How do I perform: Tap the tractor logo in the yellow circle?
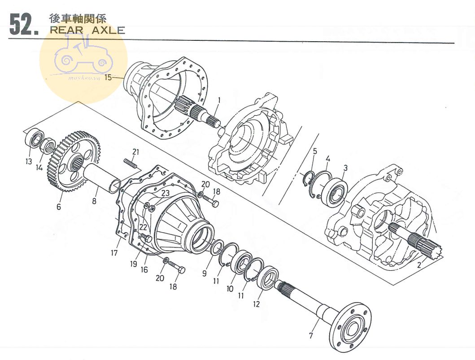click(83, 58)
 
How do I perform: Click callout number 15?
click(108, 77)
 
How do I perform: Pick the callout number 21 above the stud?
click(135, 151)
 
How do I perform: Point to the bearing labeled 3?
click(336, 192)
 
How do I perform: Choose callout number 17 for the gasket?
click(114, 253)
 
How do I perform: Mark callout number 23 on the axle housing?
click(166, 194)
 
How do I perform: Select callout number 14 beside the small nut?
click(39, 168)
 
